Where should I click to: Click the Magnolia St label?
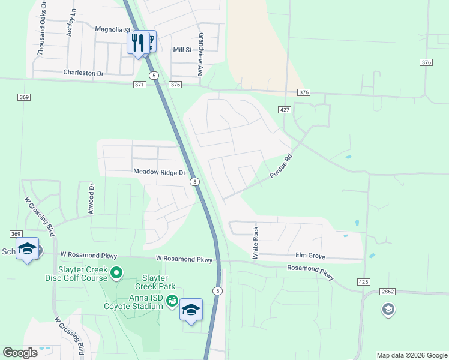point(113,29)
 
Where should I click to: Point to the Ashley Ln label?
point(71,22)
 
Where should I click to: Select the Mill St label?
point(182,50)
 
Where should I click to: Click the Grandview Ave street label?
point(201,54)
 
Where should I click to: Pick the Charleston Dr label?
point(83,73)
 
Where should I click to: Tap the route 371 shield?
point(139,85)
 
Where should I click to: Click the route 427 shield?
point(285,109)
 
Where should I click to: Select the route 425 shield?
point(363,281)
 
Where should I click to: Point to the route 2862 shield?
point(387,292)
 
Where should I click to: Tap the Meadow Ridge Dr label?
point(160,172)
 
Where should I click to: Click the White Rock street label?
point(256,243)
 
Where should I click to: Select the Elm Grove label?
point(310,256)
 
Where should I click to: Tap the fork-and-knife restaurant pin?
point(138,42)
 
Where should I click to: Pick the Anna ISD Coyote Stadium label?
point(137,302)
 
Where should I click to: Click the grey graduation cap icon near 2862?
point(388,310)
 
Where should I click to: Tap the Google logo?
point(20,353)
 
